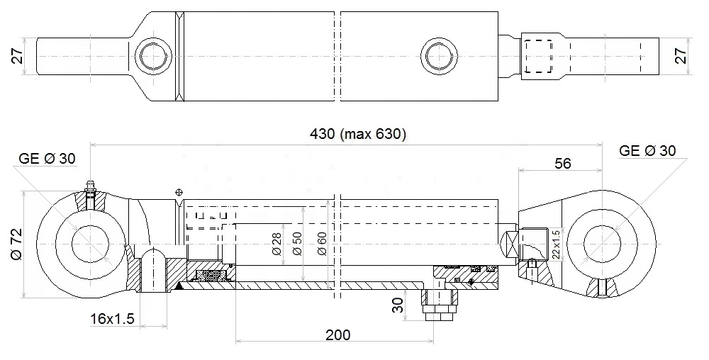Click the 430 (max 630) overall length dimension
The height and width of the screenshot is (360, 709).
tap(357, 134)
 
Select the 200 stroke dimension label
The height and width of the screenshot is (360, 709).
tap(337, 334)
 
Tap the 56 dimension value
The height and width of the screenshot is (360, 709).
tap(563, 163)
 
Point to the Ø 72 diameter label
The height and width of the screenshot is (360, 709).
tap(17, 244)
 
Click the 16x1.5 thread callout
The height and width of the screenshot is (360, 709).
tap(112, 319)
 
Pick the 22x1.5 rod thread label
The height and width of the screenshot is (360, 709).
tap(556, 244)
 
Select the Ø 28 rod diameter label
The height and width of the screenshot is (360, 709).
tap(277, 244)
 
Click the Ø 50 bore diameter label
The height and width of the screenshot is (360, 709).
tap(298, 244)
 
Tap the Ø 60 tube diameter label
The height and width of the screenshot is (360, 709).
tap(322, 244)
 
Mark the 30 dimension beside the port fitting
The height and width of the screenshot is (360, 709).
tap(398, 305)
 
